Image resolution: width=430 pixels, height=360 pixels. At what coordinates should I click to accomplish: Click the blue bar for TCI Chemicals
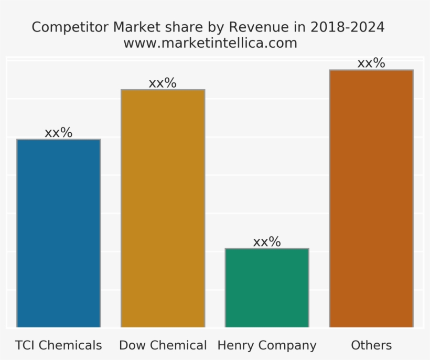coord(58,234)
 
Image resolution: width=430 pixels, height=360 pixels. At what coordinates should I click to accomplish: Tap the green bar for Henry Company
coord(267,288)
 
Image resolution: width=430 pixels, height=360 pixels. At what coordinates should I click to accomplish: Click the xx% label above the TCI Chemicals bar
coord(58,133)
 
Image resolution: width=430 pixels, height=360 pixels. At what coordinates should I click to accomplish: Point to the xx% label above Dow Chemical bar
coord(163,83)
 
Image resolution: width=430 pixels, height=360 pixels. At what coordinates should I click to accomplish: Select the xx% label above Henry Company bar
coord(267,242)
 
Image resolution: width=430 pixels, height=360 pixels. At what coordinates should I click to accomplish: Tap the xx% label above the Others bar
coord(371,63)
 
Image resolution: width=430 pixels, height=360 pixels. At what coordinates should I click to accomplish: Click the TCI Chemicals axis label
coord(58,345)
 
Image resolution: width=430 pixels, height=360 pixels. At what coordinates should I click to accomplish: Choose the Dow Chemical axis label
coord(163,345)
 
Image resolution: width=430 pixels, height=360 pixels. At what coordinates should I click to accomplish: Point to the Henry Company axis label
coord(267,345)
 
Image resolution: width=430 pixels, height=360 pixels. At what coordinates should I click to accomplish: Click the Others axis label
coord(371,345)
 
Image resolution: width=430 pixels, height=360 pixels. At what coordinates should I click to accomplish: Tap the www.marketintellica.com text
coord(210,43)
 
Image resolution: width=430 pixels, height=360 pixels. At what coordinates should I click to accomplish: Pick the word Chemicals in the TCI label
coord(70,345)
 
